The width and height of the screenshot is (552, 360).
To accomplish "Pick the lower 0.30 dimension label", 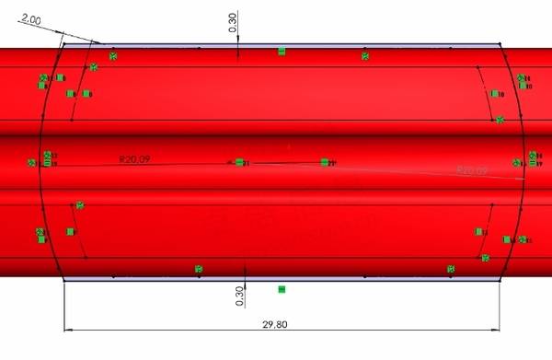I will [239, 296].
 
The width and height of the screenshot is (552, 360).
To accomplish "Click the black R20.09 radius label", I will [134, 159].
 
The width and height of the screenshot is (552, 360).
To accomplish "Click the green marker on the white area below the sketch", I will [282, 290].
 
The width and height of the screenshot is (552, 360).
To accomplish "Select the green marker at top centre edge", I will [282, 52].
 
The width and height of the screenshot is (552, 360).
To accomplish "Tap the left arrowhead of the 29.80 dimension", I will [67, 330].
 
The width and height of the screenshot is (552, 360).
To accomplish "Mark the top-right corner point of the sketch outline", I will [500, 42].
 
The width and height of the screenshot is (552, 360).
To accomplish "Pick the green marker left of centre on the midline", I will [239, 162].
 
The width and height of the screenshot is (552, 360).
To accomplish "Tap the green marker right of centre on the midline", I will [325, 162].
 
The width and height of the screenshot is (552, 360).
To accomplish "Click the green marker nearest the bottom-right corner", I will [451, 269].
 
